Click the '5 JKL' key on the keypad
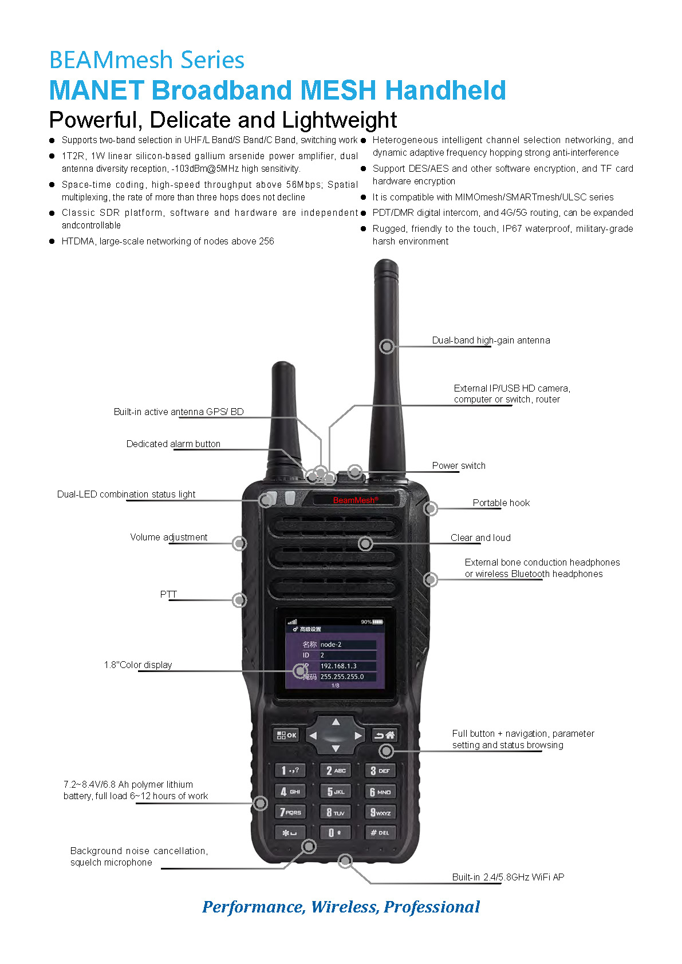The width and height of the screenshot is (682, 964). [335, 791]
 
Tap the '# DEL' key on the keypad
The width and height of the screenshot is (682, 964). [380, 832]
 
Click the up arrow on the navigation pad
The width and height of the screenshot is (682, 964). [336, 722]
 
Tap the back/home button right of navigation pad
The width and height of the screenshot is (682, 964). [384, 735]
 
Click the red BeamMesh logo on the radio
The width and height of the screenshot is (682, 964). [355, 500]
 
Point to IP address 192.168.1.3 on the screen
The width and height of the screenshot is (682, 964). [338, 666]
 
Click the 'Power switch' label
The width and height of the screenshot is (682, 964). [459, 465]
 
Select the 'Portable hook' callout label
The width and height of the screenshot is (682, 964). [501, 503]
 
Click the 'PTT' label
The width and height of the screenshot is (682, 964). [168, 594]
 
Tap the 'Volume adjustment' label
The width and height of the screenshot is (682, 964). [168, 537]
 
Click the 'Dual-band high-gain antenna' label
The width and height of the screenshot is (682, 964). [491, 340]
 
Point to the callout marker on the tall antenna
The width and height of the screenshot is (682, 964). [387, 346]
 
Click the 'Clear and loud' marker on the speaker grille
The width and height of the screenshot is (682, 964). [365, 543]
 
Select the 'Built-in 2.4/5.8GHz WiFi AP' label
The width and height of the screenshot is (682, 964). [508, 877]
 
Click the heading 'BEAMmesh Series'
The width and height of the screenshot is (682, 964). [147, 60]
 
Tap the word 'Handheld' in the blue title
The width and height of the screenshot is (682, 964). [445, 90]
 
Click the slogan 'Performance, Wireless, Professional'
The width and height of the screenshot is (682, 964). [341, 907]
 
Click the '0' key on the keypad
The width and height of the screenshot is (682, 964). [334, 832]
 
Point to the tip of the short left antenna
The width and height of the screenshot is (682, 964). [283, 365]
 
